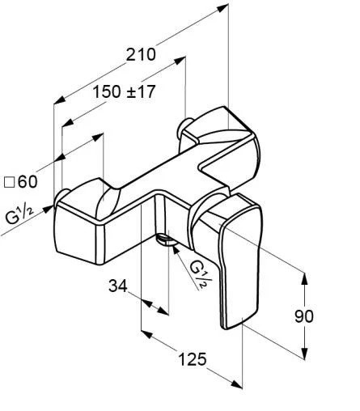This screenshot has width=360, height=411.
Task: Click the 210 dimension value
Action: (x=141, y=55)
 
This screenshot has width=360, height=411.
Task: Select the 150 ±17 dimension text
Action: (x=124, y=91)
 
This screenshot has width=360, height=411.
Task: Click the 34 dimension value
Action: (x=119, y=286)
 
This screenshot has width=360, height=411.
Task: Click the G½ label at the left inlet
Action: (x=18, y=215)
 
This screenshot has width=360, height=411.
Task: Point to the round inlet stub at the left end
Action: (x=61, y=196)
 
